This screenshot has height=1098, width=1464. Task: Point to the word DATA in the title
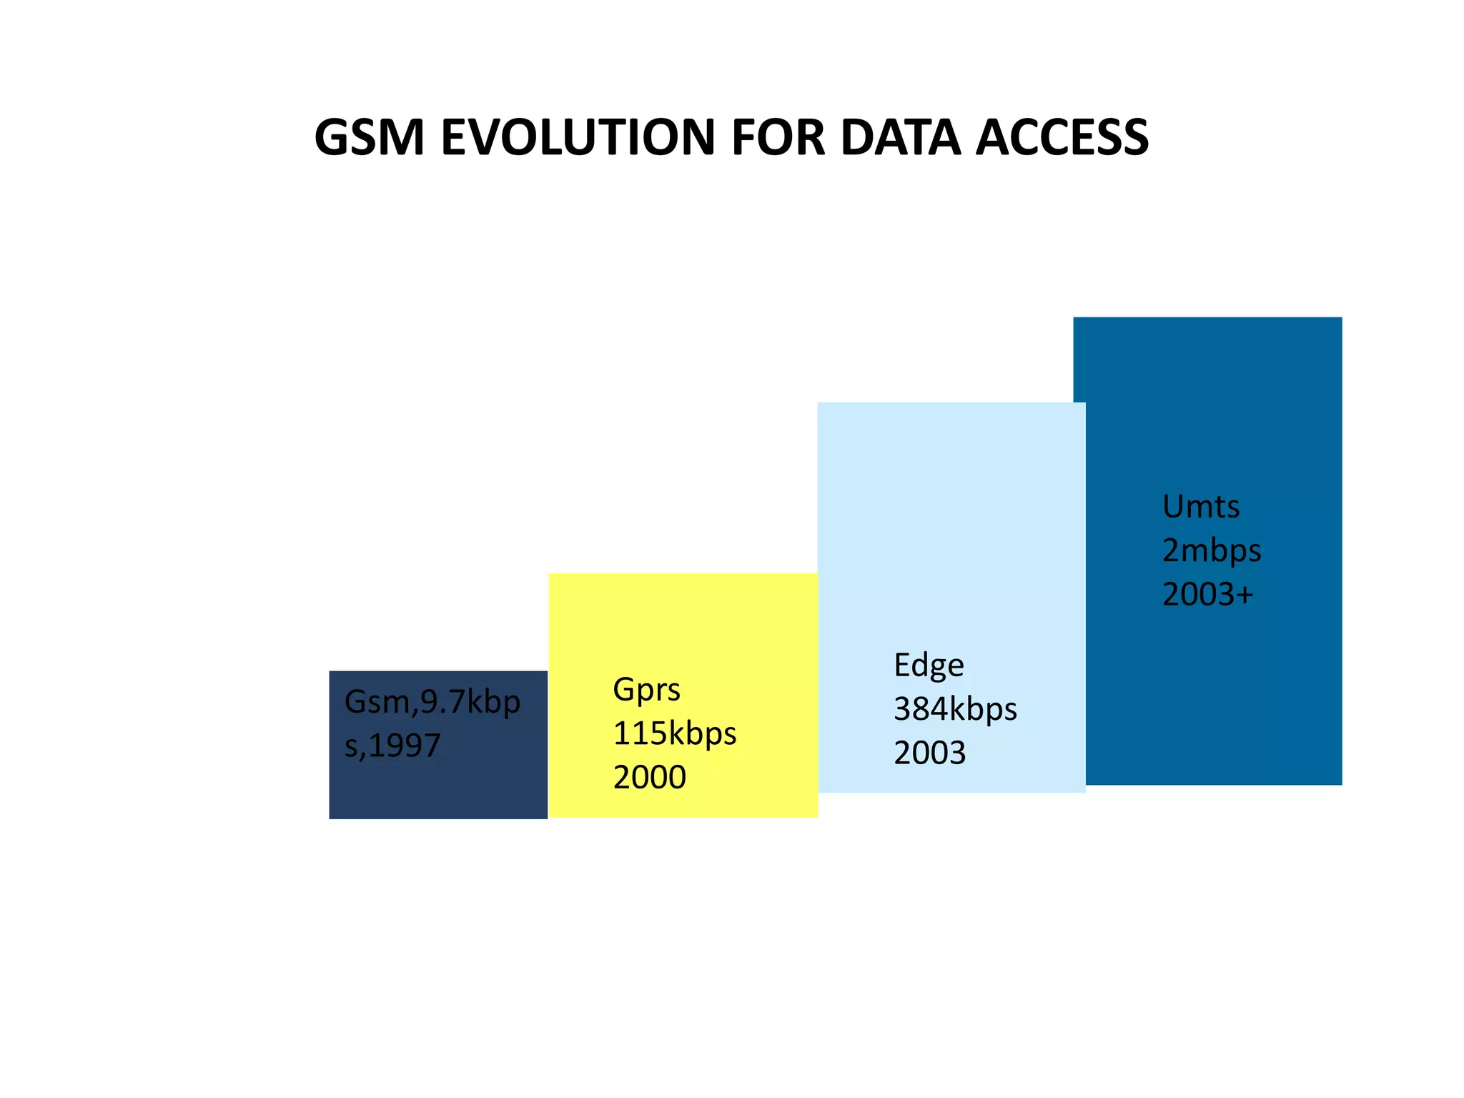coord(900,137)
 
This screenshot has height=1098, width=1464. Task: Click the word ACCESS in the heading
coord(1062,137)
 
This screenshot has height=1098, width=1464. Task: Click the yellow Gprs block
coord(683,629)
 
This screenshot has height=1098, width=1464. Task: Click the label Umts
coord(1201,507)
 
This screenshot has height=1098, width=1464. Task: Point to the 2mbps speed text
coord(1212,551)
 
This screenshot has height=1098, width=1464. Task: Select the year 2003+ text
coord(1207,595)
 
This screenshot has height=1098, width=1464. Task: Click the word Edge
coord(929,666)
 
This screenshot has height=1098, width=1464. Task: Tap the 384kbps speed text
coord(955,709)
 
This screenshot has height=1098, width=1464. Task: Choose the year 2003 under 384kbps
coord(929,753)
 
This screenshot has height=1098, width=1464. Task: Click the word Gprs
coord(646,690)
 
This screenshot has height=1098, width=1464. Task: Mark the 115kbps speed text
coord(674,733)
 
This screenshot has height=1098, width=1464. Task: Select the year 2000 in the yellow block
coord(649,778)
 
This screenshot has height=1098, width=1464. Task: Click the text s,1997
coord(392,746)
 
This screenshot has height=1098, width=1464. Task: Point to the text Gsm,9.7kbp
coord(432,702)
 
